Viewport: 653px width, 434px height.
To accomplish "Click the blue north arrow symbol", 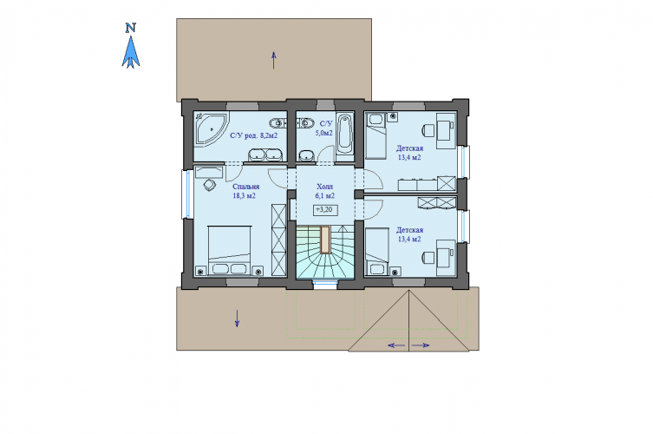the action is click(131, 52).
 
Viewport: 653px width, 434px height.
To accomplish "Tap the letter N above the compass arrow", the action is click(131, 28).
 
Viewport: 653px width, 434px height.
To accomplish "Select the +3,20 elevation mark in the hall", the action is click(325, 210).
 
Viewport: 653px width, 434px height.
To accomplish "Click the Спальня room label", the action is click(245, 187).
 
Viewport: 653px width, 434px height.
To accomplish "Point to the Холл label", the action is click(325, 187).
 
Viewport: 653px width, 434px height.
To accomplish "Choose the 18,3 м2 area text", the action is click(244, 195).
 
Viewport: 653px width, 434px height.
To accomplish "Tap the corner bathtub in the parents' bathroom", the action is click(211, 128).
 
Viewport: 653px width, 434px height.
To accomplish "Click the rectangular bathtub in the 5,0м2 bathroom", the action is click(345, 134).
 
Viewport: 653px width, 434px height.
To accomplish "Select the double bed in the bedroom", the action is click(230, 251).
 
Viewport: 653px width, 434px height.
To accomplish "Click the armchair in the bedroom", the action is click(210, 185).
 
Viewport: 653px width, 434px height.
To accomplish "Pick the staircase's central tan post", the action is click(325, 240).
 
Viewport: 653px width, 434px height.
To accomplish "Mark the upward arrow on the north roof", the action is click(274, 60).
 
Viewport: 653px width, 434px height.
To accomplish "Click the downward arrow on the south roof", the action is click(237, 319).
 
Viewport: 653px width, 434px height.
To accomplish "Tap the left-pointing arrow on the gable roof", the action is click(396, 345).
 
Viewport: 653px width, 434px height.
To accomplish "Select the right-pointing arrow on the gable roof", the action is click(421, 345).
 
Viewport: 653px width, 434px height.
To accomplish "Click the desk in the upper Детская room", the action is click(445, 130).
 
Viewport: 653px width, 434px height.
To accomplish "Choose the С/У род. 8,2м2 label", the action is click(253, 135).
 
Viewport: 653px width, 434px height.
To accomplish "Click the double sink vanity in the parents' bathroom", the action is click(265, 155).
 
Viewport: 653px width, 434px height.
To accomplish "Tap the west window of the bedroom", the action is click(185, 194).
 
